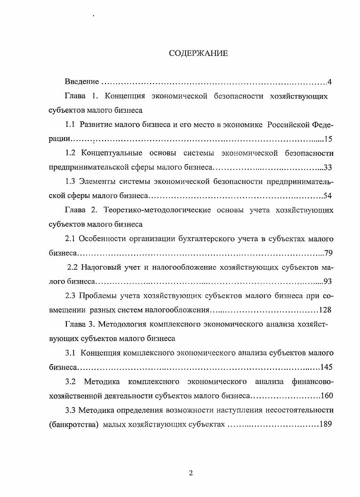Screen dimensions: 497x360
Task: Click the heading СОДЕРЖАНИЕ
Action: click(198, 54)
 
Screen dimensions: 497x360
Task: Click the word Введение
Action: click(82, 82)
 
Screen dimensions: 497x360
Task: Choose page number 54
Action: click(329, 196)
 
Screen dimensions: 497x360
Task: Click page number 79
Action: click(329, 252)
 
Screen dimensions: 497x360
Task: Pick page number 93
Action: click(329, 281)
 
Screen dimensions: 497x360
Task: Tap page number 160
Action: click(327, 395)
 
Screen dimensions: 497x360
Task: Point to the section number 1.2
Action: click(70, 153)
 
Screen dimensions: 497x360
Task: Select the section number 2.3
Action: click(70, 296)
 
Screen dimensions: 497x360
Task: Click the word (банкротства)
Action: click(73, 424)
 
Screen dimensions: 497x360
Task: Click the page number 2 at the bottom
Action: click(191, 472)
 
